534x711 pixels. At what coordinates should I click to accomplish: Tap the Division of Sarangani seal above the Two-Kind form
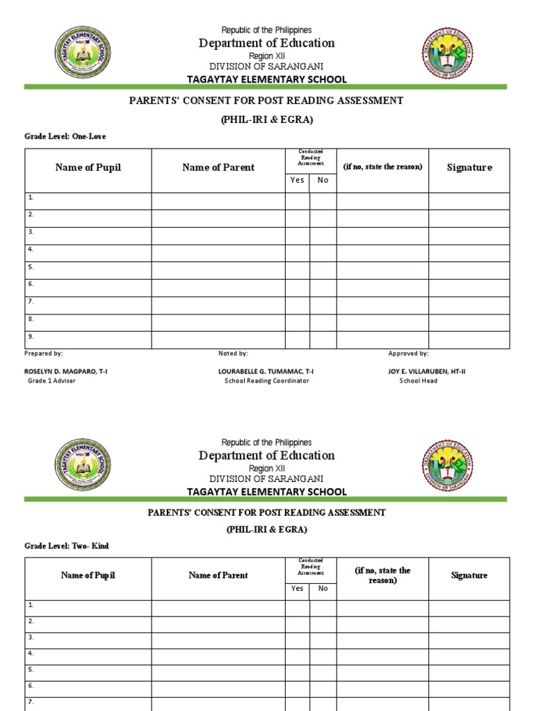[x=448, y=466]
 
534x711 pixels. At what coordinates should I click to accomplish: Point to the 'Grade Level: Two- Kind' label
[x=67, y=546]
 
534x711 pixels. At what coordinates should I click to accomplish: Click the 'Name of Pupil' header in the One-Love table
[x=88, y=167]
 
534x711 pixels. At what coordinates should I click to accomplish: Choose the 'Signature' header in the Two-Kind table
[x=469, y=575]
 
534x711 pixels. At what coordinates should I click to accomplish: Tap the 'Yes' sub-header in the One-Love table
[x=298, y=180]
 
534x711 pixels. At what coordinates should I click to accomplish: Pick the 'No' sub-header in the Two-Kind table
[x=323, y=588]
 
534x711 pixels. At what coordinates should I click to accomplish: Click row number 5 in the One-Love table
[x=31, y=267]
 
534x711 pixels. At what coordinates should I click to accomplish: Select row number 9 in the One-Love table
[x=31, y=336]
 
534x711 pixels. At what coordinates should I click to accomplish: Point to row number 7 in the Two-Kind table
[x=31, y=702]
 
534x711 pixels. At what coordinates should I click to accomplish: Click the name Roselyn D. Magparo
[x=66, y=371]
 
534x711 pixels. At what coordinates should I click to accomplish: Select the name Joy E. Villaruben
[x=427, y=371]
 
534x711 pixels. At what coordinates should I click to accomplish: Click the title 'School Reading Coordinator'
[x=267, y=380]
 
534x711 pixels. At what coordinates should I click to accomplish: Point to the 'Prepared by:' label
[x=44, y=353]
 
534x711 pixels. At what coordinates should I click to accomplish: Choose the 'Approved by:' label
[x=408, y=353]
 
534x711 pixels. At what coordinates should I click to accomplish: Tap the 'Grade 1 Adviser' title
[x=51, y=380]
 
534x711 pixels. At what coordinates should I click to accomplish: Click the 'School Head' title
[x=419, y=380]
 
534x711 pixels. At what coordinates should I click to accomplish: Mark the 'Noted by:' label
[x=233, y=353]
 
